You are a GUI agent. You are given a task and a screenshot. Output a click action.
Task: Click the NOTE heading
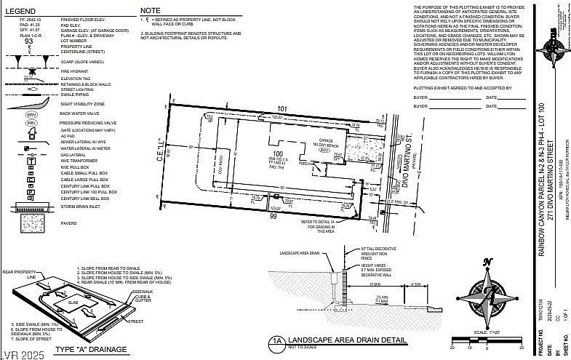click(151, 11)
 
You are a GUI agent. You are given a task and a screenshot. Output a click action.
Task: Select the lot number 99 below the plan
click(273, 216)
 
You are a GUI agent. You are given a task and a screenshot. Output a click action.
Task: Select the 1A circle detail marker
click(276, 340)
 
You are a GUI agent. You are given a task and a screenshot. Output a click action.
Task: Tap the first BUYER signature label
click(420, 97)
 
